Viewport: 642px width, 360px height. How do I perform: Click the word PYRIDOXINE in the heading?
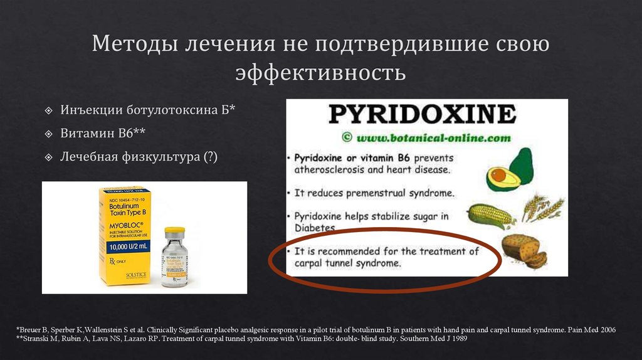[x=423, y=114]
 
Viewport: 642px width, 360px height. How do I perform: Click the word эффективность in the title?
[x=320, y=73]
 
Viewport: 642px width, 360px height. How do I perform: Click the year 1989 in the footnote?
[x=456, y=338]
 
